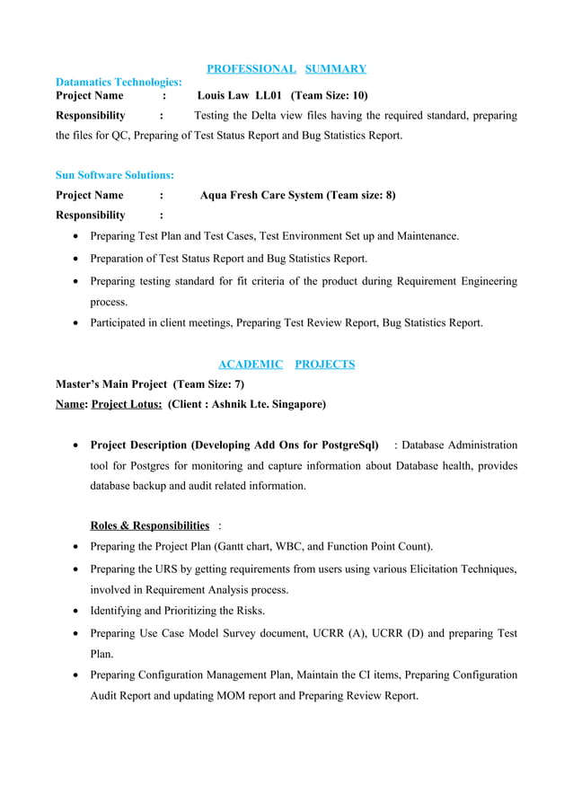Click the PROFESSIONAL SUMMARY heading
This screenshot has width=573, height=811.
pos(286,68)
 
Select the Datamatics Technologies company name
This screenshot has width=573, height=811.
pos(119,82)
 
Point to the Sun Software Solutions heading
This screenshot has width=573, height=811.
pos(115,175)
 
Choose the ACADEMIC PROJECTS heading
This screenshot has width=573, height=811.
pos(286,364)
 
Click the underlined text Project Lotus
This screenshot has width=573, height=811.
pos(127,404)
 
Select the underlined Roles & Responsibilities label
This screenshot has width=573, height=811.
pos(150,525)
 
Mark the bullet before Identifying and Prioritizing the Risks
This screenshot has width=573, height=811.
pos(76,611)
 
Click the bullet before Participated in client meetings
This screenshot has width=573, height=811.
pos(76,322)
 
